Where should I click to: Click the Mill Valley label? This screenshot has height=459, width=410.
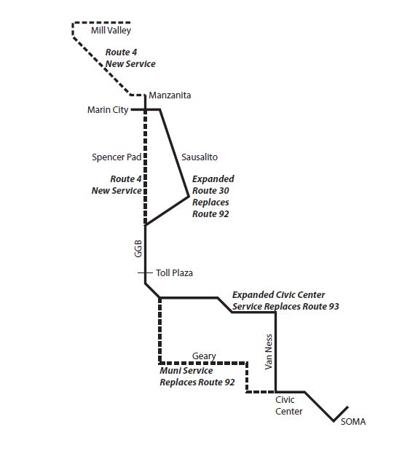pos(110,31)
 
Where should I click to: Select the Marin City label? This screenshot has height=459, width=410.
pos(107,110)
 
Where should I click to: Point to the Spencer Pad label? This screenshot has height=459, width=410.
pos(116,157)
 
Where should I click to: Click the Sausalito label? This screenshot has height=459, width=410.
pos(199,157)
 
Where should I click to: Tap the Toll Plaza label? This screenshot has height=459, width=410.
pos(174,273)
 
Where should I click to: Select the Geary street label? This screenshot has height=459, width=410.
pos(204,356)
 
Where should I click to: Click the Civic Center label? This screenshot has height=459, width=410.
pos(288,406)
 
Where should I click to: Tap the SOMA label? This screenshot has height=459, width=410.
pos(353,422)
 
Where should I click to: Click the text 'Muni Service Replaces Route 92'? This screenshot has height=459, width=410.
pos(197,377)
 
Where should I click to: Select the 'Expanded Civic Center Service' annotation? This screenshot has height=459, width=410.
pos(285,301)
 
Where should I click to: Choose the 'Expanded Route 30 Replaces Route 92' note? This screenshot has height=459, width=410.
pos(213,196)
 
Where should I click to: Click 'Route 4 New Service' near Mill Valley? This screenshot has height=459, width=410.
pos(130,58)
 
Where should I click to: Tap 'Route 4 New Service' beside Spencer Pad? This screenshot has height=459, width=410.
pos(116,184)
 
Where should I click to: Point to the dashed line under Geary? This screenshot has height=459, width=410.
pos(204,363)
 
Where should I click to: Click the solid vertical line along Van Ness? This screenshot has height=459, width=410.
pos(275,350)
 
